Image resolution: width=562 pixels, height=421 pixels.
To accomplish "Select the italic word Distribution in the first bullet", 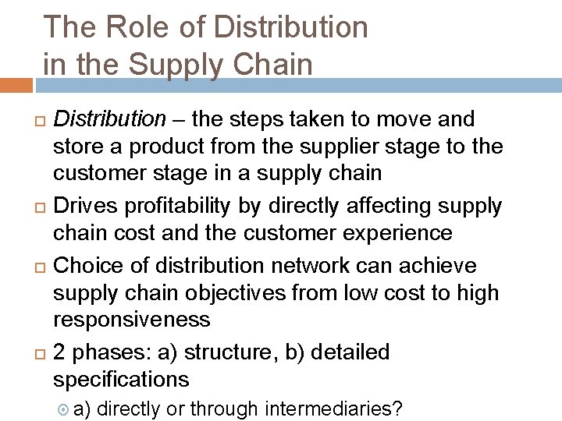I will click(110, 119).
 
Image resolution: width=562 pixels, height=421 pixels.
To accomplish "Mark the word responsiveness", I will click(131, 320).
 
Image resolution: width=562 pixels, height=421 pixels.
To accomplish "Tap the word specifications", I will click(121, 380).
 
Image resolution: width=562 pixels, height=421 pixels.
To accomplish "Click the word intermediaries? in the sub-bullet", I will click(334, 409).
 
